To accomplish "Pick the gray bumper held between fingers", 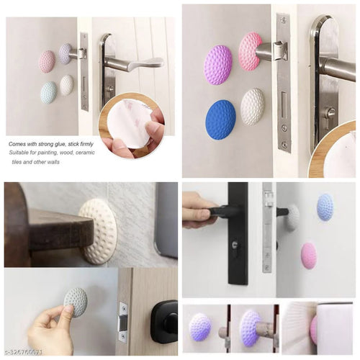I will coord(76,302).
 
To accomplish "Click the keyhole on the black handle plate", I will coord(238,246).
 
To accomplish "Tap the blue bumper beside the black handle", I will coord(325,207).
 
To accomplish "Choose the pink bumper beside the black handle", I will coord(308,256).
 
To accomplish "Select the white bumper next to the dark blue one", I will coord(252,106).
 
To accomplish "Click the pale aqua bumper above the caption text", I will coord(48,92).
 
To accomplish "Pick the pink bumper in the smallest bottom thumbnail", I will coord(314,329).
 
